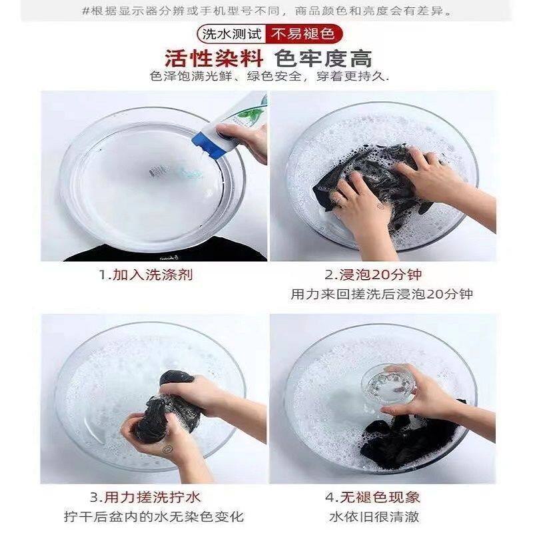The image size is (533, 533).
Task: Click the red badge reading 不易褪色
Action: coord(304,34)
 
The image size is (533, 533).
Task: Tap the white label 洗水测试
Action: coord(232,34)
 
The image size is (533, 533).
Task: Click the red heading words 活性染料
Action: coord(214,59)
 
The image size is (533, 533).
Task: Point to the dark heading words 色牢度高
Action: coord(323,59)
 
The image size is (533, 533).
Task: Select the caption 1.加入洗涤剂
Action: coord(146,274)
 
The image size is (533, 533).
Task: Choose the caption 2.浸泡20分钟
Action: coord(373,274)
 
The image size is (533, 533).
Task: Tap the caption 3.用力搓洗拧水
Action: coord(145,498)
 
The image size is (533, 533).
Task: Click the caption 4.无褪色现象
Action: coord(372,498)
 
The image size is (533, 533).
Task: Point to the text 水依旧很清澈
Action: coord(374,517)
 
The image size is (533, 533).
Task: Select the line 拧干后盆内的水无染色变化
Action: coord(154,517)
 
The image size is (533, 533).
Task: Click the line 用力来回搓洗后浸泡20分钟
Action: coord(382,294)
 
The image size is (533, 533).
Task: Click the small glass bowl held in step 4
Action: coord(389,384)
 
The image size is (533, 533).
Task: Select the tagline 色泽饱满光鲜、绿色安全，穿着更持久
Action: coord(270,77)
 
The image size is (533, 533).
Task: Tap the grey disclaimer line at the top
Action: coord(268,11)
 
